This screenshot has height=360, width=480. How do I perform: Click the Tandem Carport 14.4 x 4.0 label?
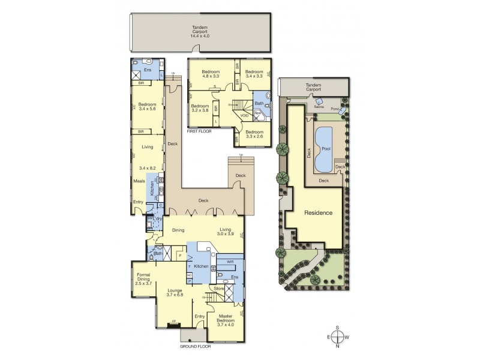199,31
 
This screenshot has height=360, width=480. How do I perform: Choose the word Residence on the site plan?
318,213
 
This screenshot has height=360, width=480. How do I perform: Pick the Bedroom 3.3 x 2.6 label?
254,134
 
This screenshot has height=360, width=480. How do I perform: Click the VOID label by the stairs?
244,115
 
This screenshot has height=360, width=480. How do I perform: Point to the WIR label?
230,262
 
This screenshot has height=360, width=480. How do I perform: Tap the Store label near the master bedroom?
220,289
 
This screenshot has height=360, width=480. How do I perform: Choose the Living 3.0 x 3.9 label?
227,232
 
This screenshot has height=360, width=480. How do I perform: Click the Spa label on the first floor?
257,112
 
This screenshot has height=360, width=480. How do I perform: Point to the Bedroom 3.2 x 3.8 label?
200,109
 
